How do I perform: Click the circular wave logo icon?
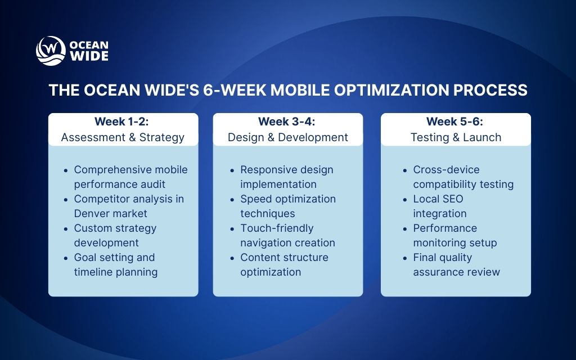point(51,51)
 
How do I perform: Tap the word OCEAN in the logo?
point(89,45)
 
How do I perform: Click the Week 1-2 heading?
point(123,121)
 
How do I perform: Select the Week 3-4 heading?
point(287,121)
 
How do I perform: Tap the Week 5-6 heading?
point(456,121)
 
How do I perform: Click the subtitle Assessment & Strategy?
point(123,137)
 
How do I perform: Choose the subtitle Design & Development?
point(287,137)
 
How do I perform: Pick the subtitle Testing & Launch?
point(456,137)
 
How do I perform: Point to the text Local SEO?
point(438,199)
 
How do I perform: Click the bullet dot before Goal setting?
point(66,258)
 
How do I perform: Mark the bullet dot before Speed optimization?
point(232,200)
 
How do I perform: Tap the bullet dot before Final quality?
point(405,258)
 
